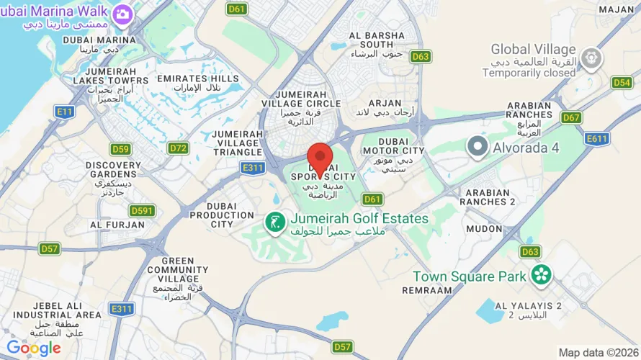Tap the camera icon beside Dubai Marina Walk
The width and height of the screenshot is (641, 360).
tap(122, 13)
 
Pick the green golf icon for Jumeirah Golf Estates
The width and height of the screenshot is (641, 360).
tap(274, 222)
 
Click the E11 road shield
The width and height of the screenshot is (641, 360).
tap(65, 112)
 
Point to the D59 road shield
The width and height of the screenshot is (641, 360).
tap(120, 149)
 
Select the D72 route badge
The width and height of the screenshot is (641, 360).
tap(178, 148)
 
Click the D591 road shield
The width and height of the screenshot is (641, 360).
tap(143, 210)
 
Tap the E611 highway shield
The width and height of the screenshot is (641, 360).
tap(597, 139)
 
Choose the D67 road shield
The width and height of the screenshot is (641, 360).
tap(571, 117)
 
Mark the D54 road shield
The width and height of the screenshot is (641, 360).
tap(622, 83)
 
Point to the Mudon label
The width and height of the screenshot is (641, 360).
tap(484, 229)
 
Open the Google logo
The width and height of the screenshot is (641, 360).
tap(33, 348)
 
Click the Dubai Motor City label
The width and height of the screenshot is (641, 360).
tap(393, 146)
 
